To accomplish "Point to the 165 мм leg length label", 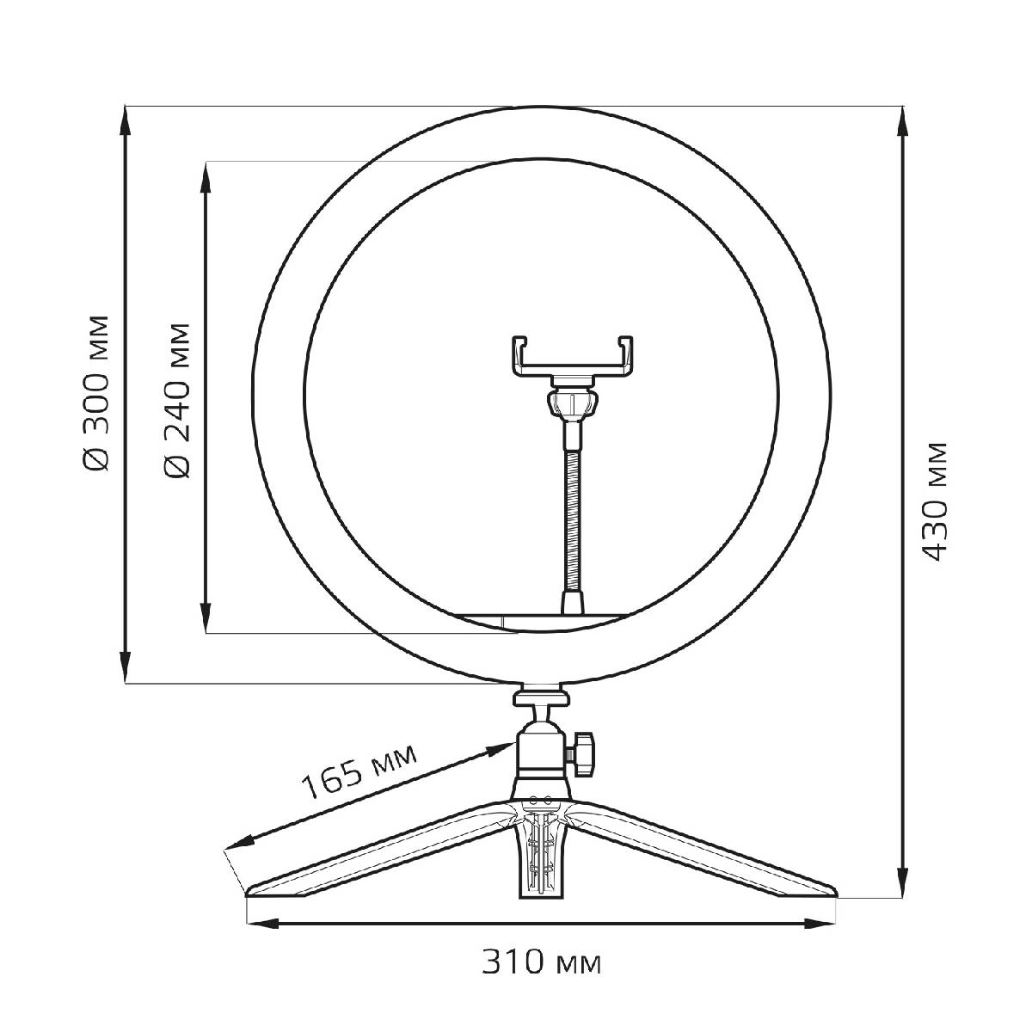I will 358,769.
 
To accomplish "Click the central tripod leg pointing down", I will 542,860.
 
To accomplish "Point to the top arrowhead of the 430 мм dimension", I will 902,120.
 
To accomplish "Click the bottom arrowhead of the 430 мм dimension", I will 902,882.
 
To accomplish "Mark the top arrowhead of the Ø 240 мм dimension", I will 206,176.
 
